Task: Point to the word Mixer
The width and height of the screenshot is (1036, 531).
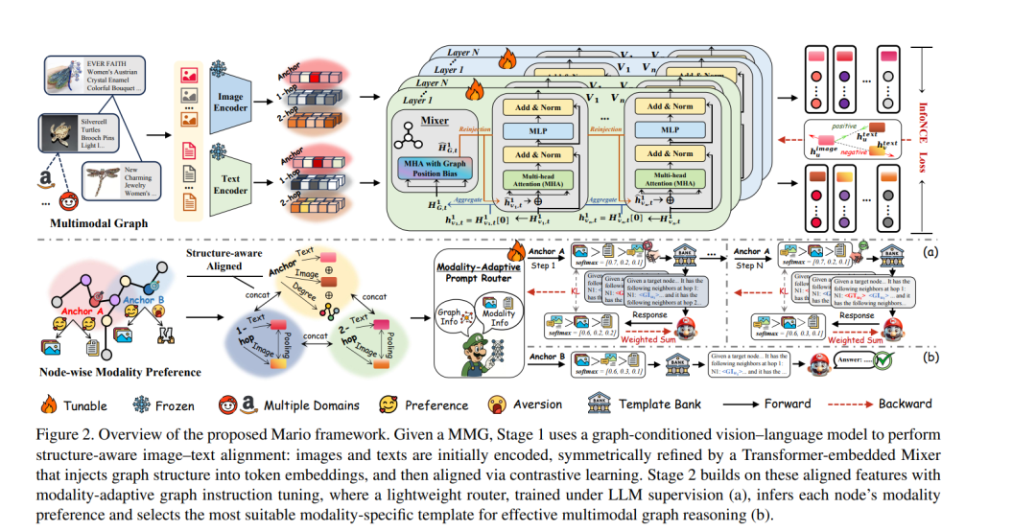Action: (435, 123)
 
